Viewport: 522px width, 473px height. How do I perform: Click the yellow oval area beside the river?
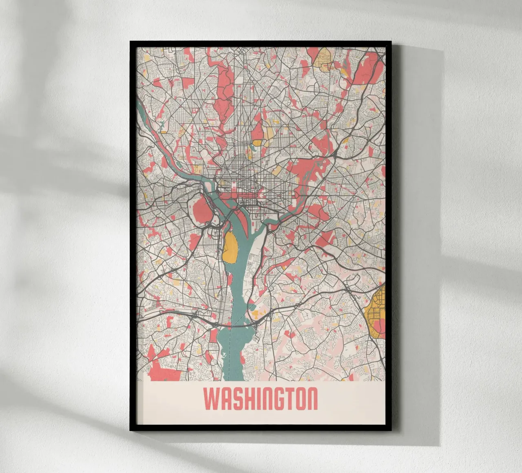(x=230, y=247)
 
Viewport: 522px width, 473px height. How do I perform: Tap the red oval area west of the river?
(x=201, y=209)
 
